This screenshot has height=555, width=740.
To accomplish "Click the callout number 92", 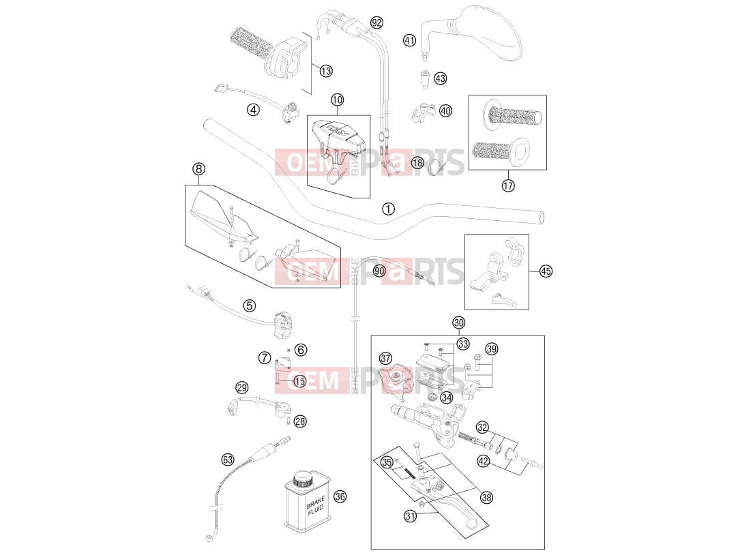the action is click(376, 22).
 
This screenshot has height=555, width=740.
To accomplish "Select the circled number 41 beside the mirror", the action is click(409, 41).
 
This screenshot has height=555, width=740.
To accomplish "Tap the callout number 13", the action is click(326, 71).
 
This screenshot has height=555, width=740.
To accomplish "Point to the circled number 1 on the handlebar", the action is click(388, 209).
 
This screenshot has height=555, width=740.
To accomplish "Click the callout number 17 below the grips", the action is click(508, 185).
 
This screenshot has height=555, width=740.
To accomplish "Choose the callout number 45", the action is click(546, 271).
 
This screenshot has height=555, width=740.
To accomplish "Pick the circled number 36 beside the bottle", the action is click(340, 496).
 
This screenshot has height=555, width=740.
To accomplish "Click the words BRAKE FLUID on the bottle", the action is click(315, 504).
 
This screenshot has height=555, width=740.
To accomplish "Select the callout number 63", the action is click(228, 459).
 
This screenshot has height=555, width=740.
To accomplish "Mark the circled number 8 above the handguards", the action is click(198, 169).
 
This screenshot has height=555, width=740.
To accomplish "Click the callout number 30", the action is click(458, 322).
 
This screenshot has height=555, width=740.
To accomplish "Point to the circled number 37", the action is click(385, 359).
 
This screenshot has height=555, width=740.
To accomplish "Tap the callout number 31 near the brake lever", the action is click(411, 516).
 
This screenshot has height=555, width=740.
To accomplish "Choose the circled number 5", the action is click(249, 306).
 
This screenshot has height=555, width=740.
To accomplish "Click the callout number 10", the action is click(337, 100).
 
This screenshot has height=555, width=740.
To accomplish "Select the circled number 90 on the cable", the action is click(379, 271).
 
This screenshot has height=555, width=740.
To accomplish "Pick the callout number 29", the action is click(241, 388).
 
